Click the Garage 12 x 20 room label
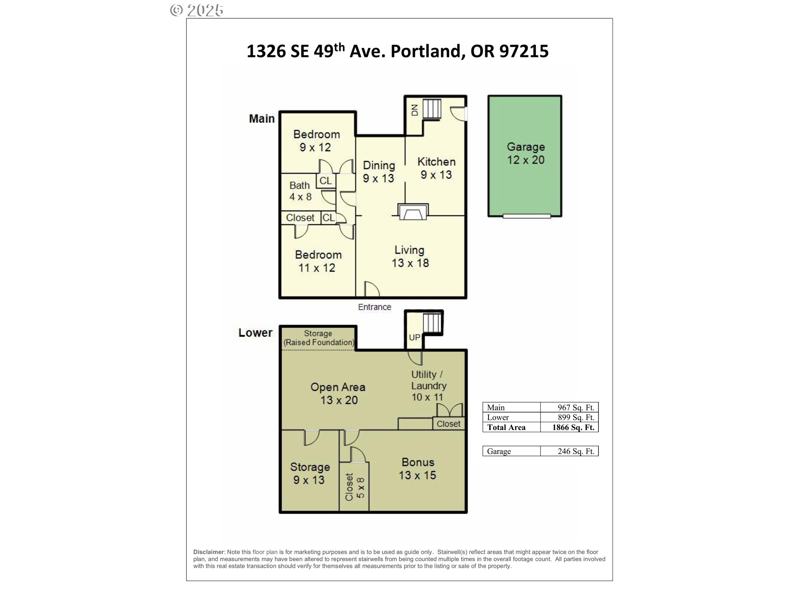click(526, 153)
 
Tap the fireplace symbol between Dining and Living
click(413, 212)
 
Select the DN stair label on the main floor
click(414, 110)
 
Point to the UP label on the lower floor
click(414, 337)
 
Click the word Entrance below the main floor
click(375, 307)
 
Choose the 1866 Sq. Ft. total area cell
click(573, 427)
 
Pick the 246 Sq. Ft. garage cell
click(576, 451)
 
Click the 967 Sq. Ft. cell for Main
click(576, 408)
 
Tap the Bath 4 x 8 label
click(300, 191)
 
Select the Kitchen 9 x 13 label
click(436, 168)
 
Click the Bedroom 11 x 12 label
click(318, 261)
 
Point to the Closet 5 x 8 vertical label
click(355, 487)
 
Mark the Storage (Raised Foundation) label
click(318, 338)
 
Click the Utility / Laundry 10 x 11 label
click(428, 386)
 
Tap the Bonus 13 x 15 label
click(417, 469)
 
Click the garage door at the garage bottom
click(527, 216)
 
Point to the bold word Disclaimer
click(208, 552)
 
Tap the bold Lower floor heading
click(255, 333)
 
